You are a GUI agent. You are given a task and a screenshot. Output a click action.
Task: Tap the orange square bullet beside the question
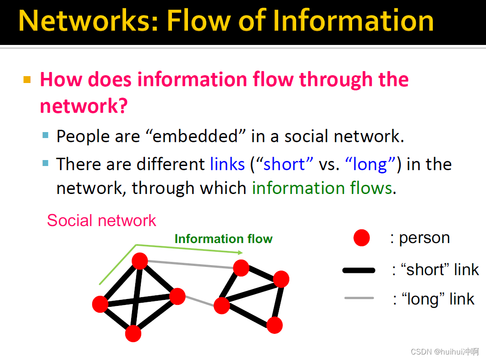coord(27,80)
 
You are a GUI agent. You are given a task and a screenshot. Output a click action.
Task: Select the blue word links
coord(227,164)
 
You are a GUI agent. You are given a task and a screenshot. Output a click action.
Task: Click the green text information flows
coord(322,188)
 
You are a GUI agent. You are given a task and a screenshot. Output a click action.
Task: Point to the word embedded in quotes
coord(195,136)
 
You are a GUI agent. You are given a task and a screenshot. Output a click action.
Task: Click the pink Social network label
coord(101,221)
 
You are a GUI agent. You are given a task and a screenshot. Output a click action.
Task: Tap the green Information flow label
coord(223,239)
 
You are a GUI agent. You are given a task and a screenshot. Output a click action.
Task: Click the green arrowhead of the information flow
coord(240,253)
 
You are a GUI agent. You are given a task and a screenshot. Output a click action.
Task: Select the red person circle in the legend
coord(361,238)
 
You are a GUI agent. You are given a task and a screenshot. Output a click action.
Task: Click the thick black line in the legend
coord(359,271)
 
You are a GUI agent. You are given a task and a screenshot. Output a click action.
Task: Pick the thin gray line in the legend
coord(359,298)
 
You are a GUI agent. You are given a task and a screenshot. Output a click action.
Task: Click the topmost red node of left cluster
coord(140,261)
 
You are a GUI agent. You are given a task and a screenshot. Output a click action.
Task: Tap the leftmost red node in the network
coord(100,304)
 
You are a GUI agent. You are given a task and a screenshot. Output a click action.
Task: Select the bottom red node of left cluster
coord(133,334)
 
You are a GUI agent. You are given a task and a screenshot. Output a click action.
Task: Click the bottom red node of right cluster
coord(275,325)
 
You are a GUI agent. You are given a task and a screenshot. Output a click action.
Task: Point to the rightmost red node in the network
coord(281,279)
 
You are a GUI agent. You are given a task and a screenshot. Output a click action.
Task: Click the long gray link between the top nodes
coord(190,264)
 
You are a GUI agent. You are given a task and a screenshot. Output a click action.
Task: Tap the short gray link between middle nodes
coord(199,301)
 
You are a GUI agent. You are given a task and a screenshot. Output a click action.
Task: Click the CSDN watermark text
coord(444,352)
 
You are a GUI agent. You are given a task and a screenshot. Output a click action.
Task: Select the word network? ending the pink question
coord(84,106)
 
